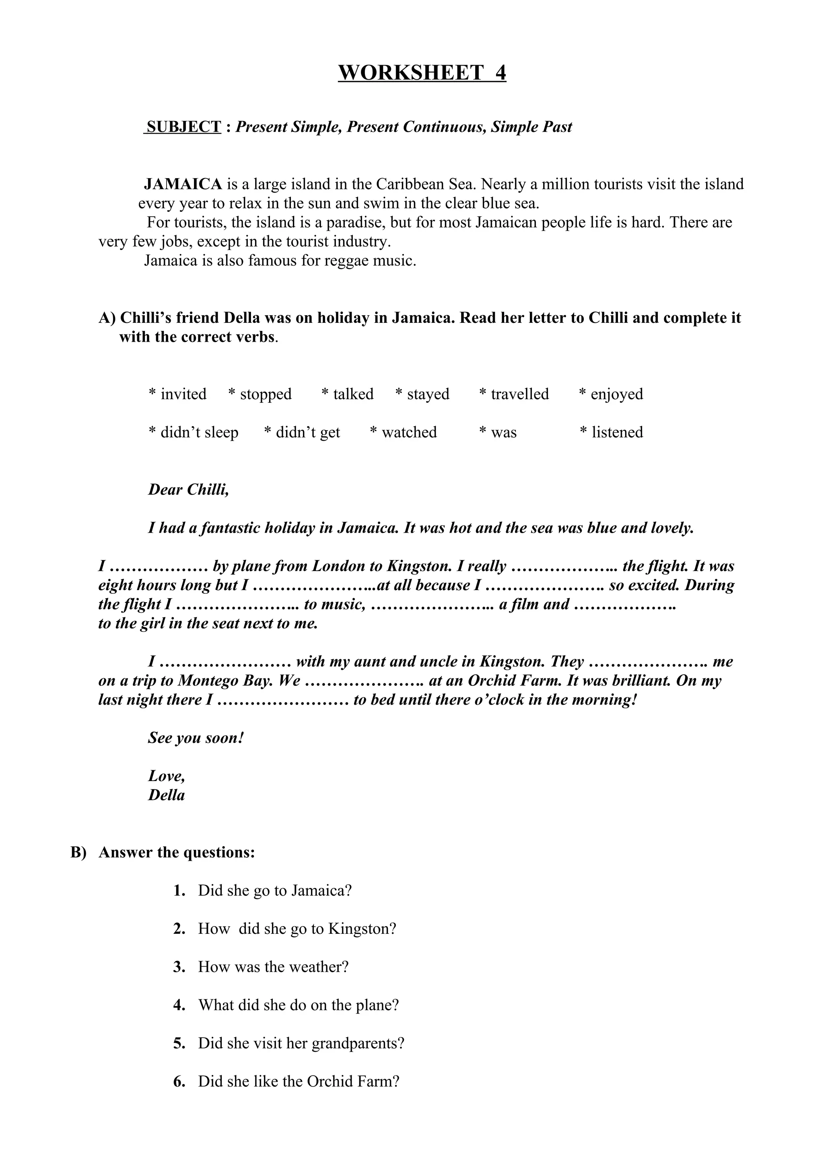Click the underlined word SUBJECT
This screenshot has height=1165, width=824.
click(x=183, y=127)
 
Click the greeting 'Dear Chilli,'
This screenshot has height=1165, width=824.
click(x=188, y=490)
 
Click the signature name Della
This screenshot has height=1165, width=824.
click(x=166, y=795)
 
